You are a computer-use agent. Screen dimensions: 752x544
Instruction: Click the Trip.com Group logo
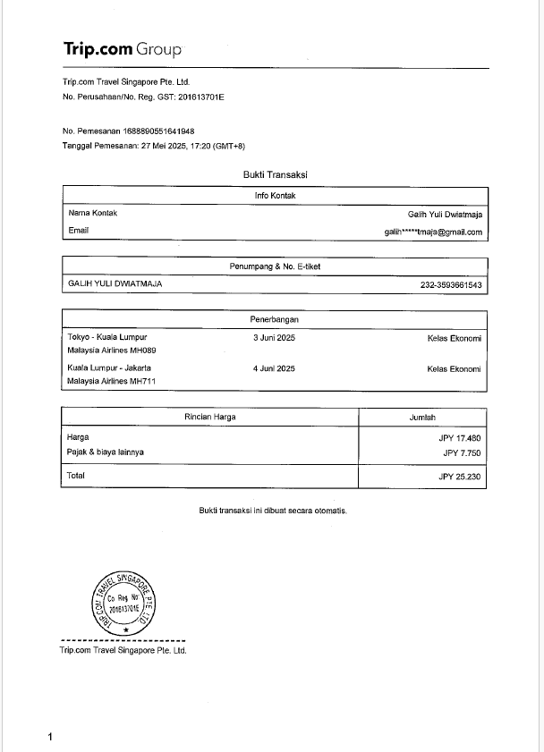tap(123, 48)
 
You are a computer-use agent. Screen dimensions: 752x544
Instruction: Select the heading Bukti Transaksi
tap(275, 174)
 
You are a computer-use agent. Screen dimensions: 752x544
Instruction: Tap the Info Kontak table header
tap(275, 195)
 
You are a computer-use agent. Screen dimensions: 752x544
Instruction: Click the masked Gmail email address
tap(433, 232)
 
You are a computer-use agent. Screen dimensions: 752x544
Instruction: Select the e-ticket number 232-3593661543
tap(451, 285)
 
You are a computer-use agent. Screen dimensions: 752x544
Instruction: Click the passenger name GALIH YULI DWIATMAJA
tap(115, 284)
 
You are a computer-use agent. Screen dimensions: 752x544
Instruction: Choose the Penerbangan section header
tap(275, 318)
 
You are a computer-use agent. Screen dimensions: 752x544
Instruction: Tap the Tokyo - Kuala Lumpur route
tap(106, 338)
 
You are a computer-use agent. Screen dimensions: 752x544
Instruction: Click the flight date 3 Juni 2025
tap(274, 338)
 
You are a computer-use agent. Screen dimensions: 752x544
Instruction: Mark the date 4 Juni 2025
tap(274, 368)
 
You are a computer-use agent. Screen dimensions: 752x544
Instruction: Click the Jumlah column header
tap(422, 417)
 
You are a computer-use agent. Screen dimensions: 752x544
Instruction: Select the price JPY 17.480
tap(461, 438)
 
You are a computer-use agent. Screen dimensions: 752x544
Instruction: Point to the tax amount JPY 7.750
tap(463, 452)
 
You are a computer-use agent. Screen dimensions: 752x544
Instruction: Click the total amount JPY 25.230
tap(460, 477)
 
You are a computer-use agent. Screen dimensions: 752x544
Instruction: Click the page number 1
tap(50, 736)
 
